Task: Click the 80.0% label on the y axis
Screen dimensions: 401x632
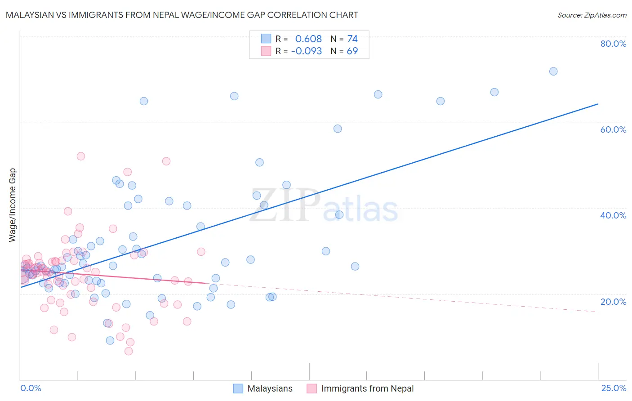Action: (613, 44)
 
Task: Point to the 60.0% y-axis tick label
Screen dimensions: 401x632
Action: (613, 129)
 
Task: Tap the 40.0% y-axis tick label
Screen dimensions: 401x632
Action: (613, 215)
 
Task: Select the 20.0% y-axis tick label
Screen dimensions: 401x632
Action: (613, 302)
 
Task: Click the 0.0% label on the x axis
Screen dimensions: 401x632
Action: (31, 388)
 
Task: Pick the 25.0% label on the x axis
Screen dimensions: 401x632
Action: (614, 388)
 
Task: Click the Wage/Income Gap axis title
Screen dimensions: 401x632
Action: (13, 205)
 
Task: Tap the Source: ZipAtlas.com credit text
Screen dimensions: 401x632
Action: (592, 15)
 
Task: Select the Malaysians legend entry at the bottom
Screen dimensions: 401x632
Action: (270, 388)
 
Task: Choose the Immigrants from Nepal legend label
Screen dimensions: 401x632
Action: (367, 388)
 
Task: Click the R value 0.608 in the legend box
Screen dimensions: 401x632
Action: (308, 39)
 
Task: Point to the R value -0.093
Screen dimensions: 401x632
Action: (307, 51)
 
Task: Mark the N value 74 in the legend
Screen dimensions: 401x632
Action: (352, 39)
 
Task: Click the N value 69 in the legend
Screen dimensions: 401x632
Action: (352, 51)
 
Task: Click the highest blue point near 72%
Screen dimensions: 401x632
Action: (553, 71)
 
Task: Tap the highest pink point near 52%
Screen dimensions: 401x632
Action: (81, 156)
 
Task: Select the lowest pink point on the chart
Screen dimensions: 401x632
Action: (129, 351)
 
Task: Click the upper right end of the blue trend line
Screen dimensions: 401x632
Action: (598, 104)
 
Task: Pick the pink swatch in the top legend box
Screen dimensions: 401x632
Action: (266, 51)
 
